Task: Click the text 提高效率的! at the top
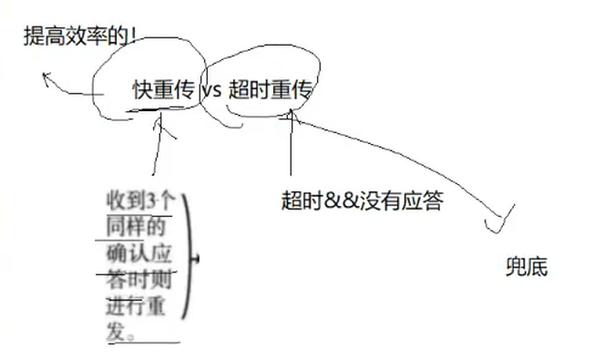[79, 37]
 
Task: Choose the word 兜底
[527, 268]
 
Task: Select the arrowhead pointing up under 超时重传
[290, 116]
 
